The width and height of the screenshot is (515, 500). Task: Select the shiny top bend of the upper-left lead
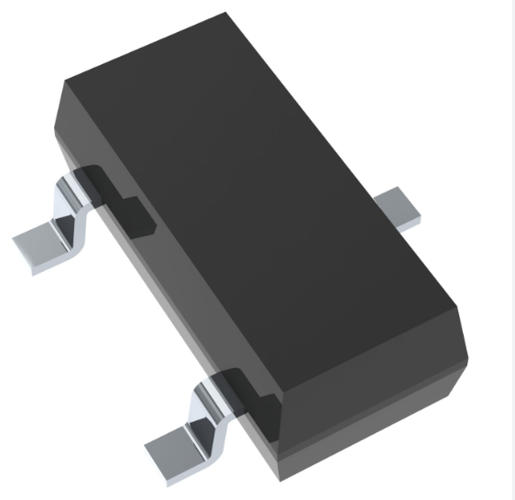70,187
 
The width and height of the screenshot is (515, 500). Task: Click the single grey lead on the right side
400,206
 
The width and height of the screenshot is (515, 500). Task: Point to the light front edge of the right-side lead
408,220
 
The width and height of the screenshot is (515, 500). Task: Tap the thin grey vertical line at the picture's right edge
511,247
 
